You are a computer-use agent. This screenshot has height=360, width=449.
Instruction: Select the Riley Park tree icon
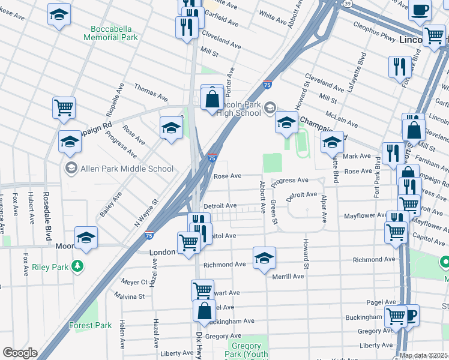tap(76, 265)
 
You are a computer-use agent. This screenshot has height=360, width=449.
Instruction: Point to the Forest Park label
tap(90, 325)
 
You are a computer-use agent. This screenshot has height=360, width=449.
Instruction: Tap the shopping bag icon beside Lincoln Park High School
tap(212, 98)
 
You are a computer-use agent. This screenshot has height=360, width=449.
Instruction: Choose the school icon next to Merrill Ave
tap(264, 259)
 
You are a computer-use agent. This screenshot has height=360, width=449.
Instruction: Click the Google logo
tap(20, 353)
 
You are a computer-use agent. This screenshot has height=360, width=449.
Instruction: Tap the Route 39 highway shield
tap(348, 3)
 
